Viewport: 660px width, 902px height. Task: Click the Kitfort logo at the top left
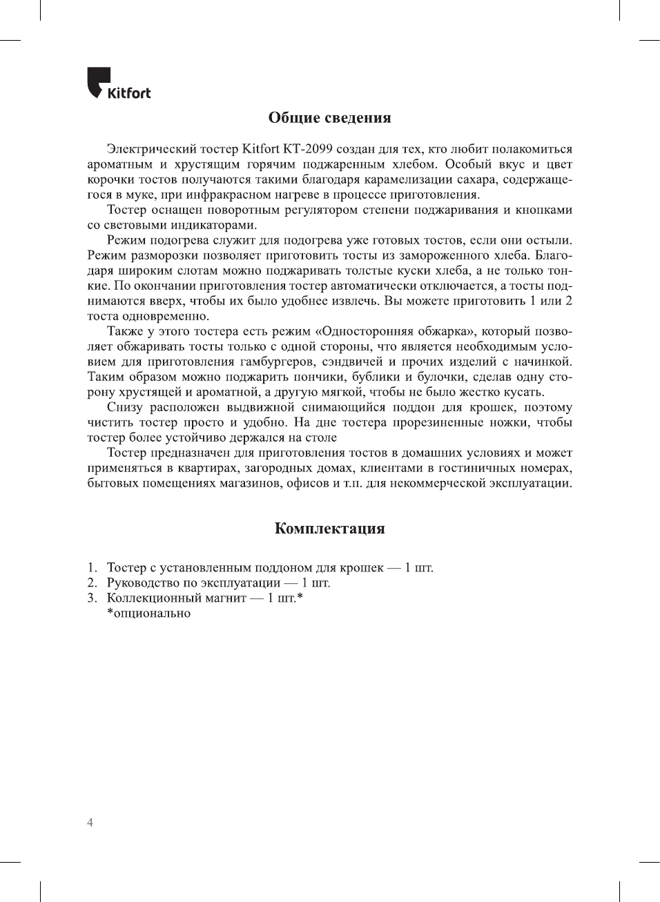(118, 84)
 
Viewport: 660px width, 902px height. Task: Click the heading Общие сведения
(329, 118)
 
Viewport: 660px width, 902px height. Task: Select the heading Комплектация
(329, 529)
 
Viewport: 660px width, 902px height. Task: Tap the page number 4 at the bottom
(90, 823)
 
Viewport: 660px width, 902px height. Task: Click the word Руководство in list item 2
(143, 582)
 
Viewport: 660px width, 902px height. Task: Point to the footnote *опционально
(148, 613)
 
